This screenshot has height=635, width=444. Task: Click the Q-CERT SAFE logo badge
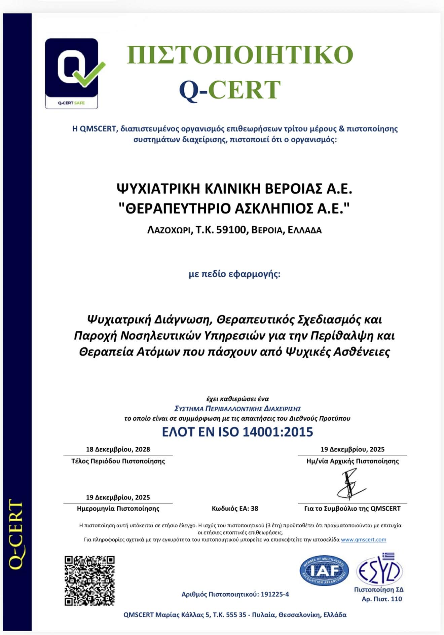click(x=72, y=73)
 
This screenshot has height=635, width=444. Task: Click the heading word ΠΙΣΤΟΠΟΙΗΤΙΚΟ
click(x=240, y=54)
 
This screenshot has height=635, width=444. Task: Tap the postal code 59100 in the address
click(x=232, y=230)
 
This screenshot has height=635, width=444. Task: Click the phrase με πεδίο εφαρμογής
click(x=234, y=274)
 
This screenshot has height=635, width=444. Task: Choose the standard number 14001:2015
click(x=277, y=432)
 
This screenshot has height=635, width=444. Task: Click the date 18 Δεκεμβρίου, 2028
click(x=118, y=449)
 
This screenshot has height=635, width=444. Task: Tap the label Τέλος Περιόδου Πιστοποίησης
click(x=118, y=461)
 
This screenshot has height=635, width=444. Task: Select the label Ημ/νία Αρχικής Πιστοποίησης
click(x=353, y=461)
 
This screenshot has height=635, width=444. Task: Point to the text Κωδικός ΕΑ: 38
click(x=235, y=509)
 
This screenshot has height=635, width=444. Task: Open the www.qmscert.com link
click(x=363, y=539)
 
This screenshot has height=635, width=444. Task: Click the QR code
click(x=89, y=581)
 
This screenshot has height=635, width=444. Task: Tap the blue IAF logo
click(x=324, y=570)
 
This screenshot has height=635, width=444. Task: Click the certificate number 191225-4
click(x=274, y=594)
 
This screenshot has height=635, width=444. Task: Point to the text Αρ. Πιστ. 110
click(x=382, y=599)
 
